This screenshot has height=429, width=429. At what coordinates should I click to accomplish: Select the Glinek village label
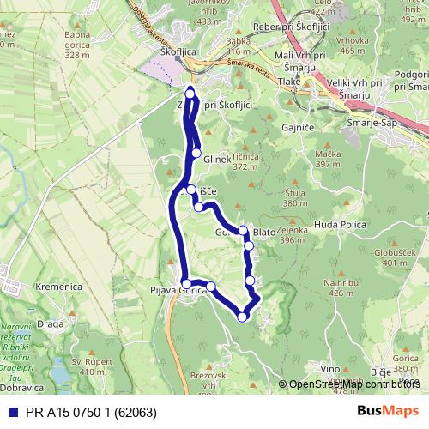[219, 160]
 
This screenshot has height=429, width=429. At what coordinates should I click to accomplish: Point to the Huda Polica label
[341, 228]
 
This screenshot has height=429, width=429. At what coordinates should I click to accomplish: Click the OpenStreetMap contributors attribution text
[353, 384]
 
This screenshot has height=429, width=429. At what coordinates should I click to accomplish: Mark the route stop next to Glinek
[196, 153]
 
